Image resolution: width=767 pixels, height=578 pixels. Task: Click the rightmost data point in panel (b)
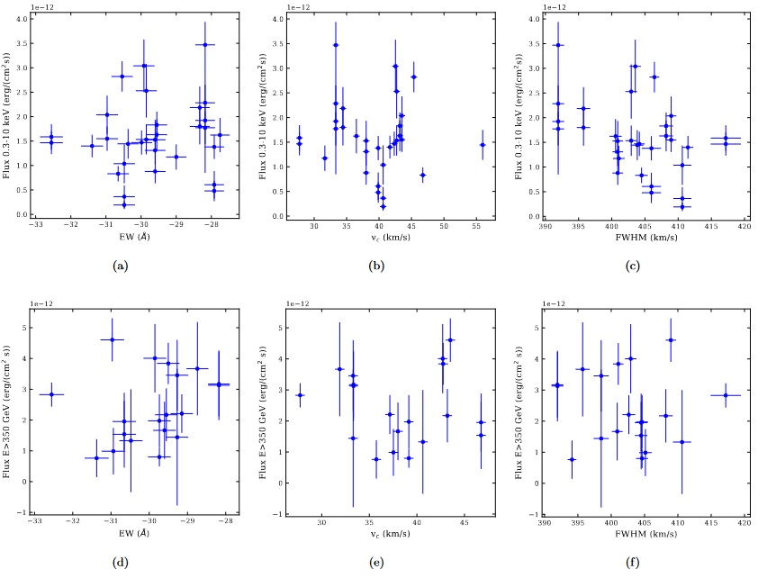point(483,144)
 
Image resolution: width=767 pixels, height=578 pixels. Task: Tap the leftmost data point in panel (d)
point(51,394)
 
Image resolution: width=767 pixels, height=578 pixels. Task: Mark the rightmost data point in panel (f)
point(725,394)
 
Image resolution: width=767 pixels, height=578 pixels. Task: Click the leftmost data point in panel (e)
point(300,394)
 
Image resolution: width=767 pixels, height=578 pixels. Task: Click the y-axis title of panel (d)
point(9,403)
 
